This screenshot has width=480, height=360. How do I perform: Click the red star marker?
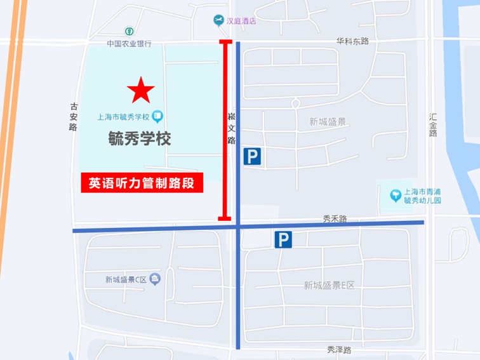(141, 91)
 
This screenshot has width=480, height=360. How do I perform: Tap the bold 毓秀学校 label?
(140, 139)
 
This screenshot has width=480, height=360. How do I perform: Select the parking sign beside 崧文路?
(252, 156)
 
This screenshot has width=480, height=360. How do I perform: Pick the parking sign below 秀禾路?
(283, 239)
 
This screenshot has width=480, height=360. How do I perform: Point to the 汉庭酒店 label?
(243, 21)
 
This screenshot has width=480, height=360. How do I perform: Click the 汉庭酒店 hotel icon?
(219, 21)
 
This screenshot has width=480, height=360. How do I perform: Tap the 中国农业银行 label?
(129, 44)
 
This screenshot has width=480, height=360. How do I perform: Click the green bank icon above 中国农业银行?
(129, 32)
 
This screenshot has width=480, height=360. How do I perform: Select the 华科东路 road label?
(352, 41)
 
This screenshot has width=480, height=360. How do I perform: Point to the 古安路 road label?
(74, 117)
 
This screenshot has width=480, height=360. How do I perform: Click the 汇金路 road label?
(433, 125)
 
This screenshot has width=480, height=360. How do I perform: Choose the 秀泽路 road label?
(339, 350)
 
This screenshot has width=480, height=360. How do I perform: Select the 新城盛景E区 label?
(329, 285)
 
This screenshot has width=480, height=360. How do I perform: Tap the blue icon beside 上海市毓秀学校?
(158, 116)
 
